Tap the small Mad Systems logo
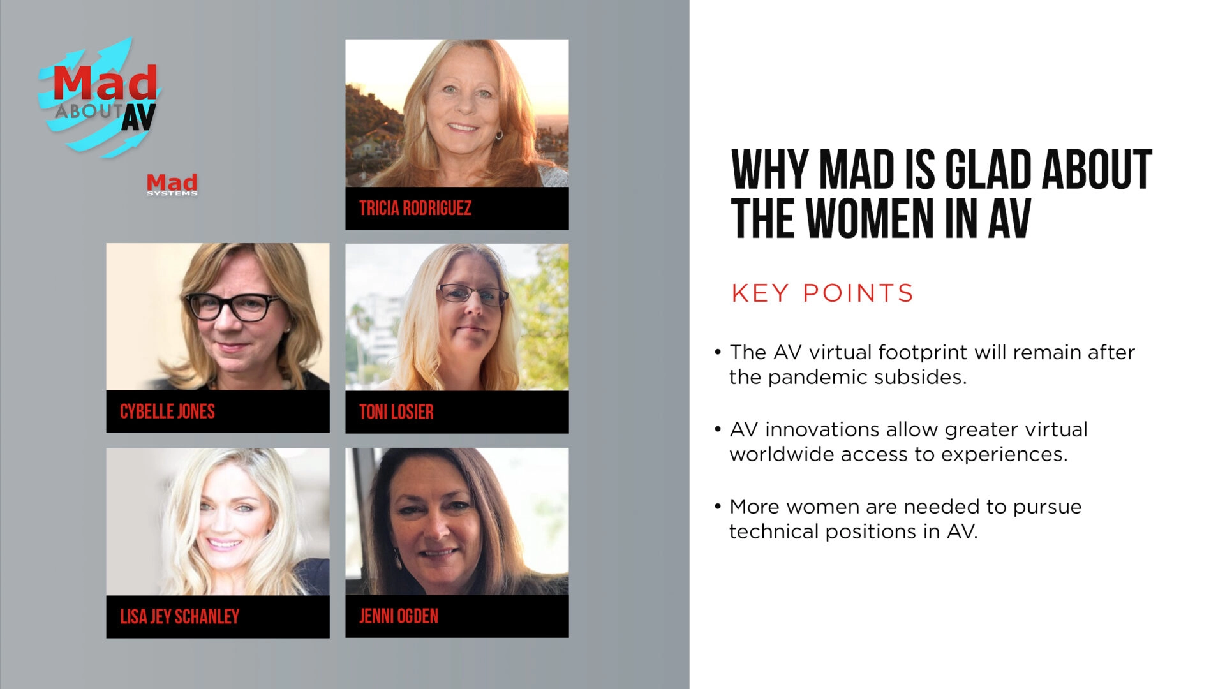point(172,184)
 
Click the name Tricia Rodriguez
point(415,208)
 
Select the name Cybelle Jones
point(167,411)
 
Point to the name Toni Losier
point(396,412)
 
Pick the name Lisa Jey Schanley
point(179,616)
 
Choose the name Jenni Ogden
point(399,616)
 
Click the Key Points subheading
point(822,293)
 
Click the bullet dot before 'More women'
point(718,507)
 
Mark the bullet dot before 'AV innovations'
point(718,429)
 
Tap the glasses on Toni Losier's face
point(472,294)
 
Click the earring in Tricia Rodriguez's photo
point(499,135)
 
